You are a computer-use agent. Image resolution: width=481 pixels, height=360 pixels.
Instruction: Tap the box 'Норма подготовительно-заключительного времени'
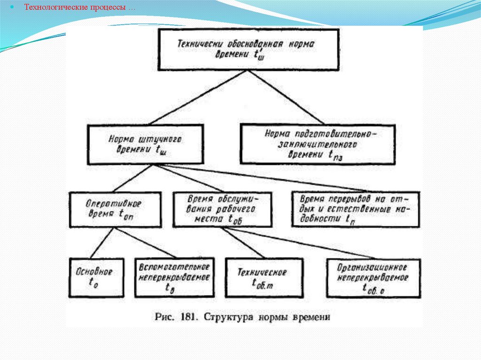318,144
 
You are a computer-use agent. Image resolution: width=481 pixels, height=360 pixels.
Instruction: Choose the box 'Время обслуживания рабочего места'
222,209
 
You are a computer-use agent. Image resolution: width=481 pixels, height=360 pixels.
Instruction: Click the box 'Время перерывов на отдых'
356,208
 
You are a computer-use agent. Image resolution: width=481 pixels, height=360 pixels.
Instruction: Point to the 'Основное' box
97,277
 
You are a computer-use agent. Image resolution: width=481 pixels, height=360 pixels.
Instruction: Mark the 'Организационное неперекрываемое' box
373,278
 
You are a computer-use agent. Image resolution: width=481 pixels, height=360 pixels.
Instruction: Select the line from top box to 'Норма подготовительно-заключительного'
282,97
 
